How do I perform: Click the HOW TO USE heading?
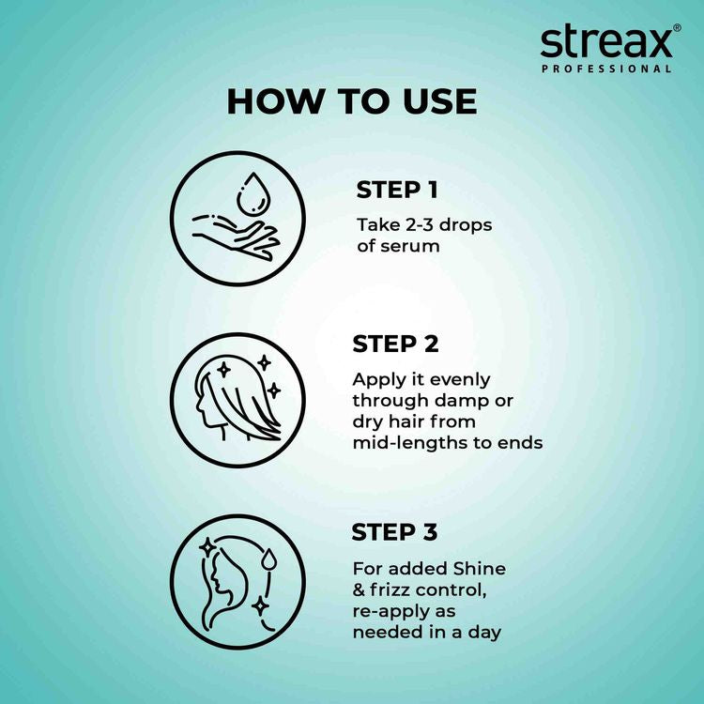pos(351,101)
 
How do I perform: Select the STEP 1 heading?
pos(396,191)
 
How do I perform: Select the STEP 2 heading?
pos(395,344)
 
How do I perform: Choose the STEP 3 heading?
pos(394,533)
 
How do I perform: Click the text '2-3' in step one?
pos(415,225)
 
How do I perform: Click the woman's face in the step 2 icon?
pos(209,413)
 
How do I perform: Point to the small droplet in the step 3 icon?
pos(268,559)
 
